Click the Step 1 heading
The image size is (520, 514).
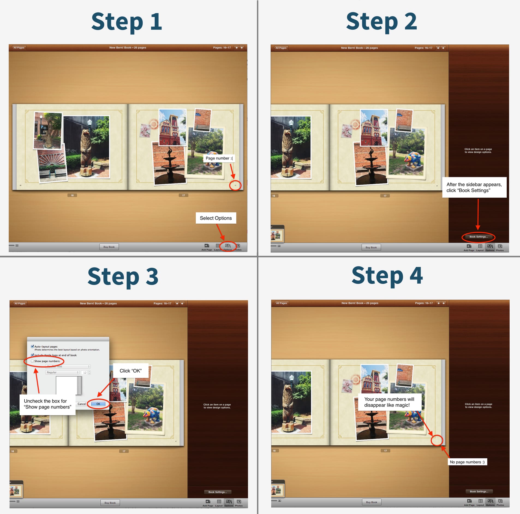coord(126,22)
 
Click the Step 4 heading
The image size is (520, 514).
coord(387,276)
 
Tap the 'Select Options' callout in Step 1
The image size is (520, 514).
coord(216,218)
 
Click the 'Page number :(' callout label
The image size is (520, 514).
coord(219,158)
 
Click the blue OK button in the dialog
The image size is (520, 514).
coord(98,404)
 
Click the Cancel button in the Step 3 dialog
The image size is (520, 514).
coord(82,404)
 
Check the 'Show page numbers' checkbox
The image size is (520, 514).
coord(32,361)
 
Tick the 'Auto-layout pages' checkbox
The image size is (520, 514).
coord(32,347)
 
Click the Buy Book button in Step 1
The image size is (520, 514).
coord(109,247)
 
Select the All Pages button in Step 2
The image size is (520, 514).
coord(281,48)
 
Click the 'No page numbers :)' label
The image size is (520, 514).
coord(467,462)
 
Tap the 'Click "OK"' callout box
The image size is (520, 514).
coord(130,371)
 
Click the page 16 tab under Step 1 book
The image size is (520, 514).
coord(72,195)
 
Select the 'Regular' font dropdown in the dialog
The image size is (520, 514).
coord(62,372)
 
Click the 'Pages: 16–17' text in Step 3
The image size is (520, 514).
coord(162,303)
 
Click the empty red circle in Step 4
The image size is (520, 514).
coord(437,440)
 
